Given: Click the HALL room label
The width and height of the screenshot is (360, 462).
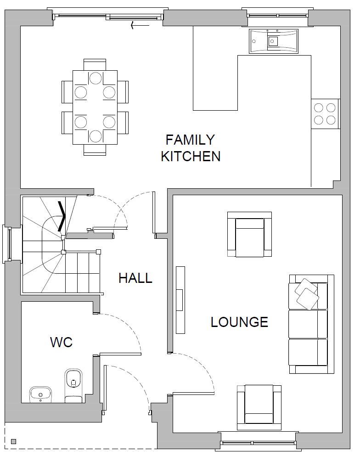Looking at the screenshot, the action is (135, 278).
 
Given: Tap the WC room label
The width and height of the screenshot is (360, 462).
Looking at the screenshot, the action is (61, 342).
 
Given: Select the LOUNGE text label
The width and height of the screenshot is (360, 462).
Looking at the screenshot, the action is (239, 322).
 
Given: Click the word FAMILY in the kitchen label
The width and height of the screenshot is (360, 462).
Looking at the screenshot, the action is (190, 140).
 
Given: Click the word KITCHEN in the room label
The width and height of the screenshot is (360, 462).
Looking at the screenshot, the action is (191, 156).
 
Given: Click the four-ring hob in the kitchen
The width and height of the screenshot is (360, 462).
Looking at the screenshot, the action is (325, 114).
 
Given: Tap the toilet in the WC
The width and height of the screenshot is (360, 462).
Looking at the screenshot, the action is (73, 385).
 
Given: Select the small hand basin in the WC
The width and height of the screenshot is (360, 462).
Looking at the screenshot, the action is (41, 394).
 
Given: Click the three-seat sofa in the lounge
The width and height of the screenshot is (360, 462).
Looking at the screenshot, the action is (311, 324).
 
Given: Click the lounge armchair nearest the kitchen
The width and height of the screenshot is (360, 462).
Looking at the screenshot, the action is (249, 234).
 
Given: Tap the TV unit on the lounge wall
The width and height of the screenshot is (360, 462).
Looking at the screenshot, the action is (180, 300).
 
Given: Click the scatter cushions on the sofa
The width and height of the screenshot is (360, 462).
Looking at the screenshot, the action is (307, 294).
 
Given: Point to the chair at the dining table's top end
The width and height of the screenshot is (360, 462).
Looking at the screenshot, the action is (95, 64).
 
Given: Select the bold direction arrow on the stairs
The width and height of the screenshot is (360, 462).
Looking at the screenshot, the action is (62, 216).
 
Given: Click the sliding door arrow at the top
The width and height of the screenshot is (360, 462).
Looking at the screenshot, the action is (140, 26).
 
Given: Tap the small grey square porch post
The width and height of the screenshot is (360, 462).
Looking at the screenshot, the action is (13, 441).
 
